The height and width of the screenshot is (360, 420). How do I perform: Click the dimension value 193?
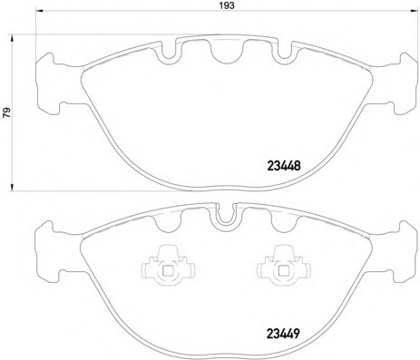227,5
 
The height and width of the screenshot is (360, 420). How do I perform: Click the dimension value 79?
6,112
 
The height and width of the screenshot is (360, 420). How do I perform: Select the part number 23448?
284,166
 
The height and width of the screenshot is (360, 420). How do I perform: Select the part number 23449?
283,334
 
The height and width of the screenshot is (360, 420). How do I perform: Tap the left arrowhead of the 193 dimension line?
40,11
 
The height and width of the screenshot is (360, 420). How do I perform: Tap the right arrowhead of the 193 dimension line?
415,11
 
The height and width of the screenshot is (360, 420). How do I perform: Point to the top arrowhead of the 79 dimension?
12,39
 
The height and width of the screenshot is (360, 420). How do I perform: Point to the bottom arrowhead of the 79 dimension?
12,187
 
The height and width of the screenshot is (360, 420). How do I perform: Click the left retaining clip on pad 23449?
168,266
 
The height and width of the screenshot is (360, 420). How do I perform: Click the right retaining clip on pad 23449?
284,266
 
